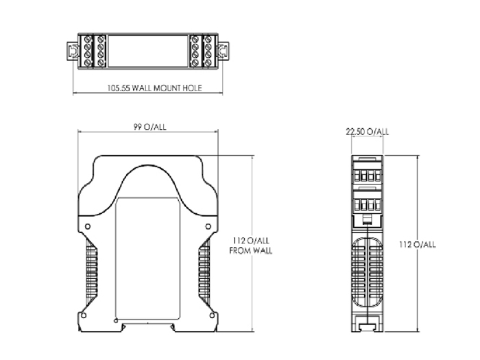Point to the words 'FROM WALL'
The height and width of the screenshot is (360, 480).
(250, 251)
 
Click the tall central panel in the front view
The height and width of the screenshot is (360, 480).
(147, 261)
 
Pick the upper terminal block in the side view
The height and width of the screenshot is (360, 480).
(367, 174)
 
